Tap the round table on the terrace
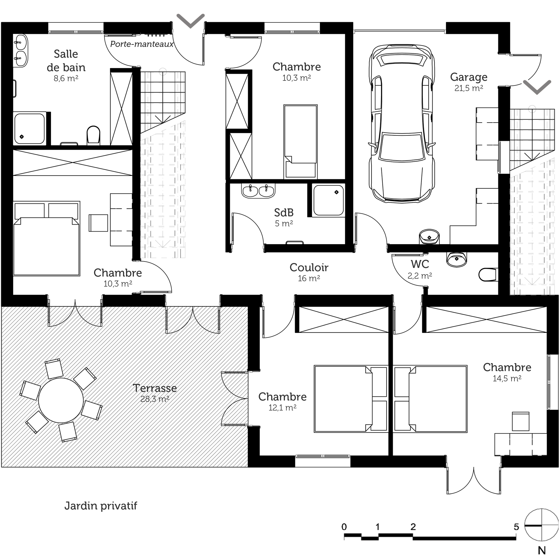click(x=61, y=400)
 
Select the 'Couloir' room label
click(x=309, y=267)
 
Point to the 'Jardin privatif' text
click(x=101, y=506)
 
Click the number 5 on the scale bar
click(x=516, y=527)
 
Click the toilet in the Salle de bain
click(x=93, y=135)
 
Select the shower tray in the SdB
click(x=329, y=200)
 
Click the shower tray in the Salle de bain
click(x=30, y=128)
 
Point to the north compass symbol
click(x=541, y=526)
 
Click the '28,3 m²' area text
click(x=155, y=399)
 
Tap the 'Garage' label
click(x=469, y=77)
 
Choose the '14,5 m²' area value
click(x=507, y=378)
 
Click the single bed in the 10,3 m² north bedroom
click(x=300, y=142)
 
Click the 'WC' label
click(x=420, y=264)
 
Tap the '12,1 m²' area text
click(x=282, y=407)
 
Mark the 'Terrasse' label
click(x=155, y=388)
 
